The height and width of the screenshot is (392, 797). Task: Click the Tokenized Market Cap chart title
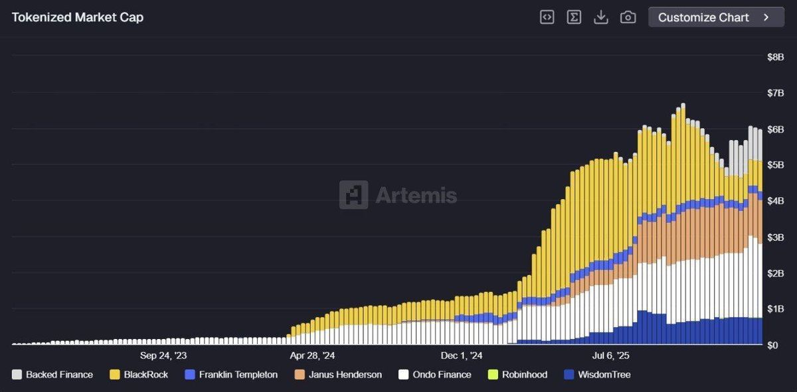[x=78, y=17]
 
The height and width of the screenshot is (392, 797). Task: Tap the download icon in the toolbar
[x=601, y=17]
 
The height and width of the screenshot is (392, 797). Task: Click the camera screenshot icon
[x=628, y=17]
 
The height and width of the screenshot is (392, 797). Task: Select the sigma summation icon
[x=574, y=17]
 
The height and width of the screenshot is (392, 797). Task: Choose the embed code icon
[x=547, y=17]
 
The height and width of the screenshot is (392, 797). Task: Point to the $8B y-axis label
[x=775, y=57]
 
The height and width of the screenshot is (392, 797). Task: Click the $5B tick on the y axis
[x=775, y=165]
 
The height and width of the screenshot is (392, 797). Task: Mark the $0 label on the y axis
[x=772, y=345]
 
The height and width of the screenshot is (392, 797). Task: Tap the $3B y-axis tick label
[x=775, y=237]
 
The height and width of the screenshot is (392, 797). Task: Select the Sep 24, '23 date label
[x=163, y=356]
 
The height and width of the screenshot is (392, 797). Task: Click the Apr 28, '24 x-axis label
[x=312, y=356]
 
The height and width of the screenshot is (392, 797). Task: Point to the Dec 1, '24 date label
[x=462, y=356]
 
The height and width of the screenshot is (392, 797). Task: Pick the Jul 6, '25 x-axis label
[x=610, y=356]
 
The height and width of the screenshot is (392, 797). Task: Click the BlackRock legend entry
[x=139, y=375]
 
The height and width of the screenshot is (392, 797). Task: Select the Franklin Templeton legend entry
[x=231, y=375]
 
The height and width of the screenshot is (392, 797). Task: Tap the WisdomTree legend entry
[x=597, y=375]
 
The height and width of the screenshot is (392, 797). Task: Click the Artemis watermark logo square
[x=353, y=195]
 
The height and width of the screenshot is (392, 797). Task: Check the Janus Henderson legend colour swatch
[x=300, y=375]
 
